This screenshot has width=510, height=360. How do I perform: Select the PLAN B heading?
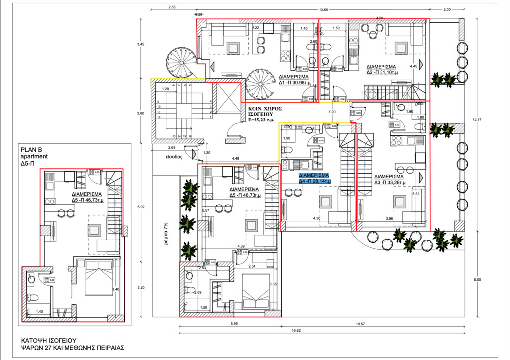pos(32,149)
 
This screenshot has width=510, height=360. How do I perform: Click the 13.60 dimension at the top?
pos(323,10)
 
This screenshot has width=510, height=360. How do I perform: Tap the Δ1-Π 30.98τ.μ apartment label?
pos(297,80)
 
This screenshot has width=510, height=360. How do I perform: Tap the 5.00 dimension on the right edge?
pos(478,279)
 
